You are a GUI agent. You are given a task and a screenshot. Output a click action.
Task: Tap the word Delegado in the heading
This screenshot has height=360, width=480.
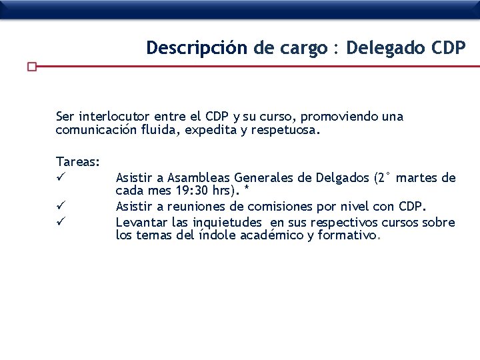[x=383, y=49]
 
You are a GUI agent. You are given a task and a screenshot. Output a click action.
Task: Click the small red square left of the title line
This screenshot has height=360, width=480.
[x=31, y=67]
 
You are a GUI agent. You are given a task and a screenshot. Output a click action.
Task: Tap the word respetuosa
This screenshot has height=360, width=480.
[x=283, y=131]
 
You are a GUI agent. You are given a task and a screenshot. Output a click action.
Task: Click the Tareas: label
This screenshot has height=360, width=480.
[x=79, y=162]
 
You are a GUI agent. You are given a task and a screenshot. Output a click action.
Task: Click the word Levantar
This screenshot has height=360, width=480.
[x=142, y=222]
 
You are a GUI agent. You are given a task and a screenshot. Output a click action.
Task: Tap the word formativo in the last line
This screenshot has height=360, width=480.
[x=347, y=235]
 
